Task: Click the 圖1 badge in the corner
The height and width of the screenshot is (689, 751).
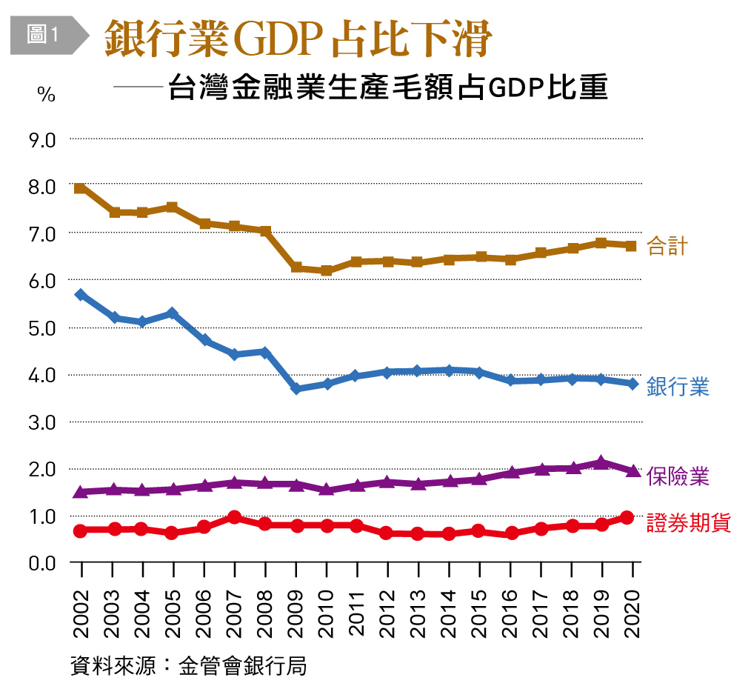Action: point(43,34)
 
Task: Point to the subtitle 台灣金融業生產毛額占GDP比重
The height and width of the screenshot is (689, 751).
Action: point(387,89)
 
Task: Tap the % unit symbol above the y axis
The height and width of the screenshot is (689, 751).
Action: point(46,96)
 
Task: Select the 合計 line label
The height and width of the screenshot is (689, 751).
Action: point(667,245)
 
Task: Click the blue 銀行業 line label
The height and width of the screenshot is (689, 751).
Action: point(678,386)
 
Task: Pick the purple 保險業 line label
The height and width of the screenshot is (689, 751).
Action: point(678,476)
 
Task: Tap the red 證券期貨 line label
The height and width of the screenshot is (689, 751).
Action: point(688,522)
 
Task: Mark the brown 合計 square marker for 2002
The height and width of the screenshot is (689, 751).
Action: point(81,188)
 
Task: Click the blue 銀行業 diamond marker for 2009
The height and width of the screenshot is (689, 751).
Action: point(296,388)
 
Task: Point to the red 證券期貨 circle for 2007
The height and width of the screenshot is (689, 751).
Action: point(235,517)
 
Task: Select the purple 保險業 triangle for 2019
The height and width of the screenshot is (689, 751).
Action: point(602,462)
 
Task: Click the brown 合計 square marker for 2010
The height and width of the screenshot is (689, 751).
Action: point(327,270)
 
